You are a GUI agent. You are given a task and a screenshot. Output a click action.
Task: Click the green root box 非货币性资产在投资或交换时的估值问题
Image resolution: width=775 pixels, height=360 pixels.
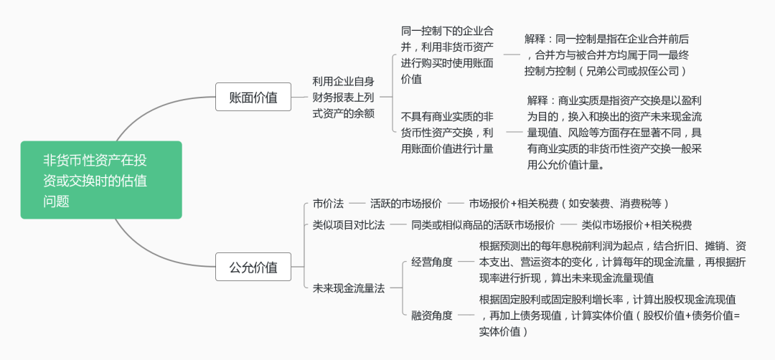point(100,180)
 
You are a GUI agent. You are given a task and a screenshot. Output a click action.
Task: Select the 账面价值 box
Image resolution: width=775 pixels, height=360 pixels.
point(253,97)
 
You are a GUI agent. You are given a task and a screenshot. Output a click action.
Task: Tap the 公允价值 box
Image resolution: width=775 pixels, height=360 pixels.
point(253,267)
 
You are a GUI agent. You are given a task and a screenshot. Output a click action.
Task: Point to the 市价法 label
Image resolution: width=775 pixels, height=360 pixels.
point(328,204)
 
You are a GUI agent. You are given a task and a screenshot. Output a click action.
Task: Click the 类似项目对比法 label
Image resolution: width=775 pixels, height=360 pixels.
point(348,225)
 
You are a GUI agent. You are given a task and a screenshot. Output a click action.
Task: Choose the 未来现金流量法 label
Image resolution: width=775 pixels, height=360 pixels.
point(348,288)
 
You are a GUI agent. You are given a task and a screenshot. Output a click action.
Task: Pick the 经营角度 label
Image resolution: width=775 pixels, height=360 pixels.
point(431,262)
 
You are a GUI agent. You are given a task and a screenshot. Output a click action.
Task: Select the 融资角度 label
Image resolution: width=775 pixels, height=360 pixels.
point(431,315)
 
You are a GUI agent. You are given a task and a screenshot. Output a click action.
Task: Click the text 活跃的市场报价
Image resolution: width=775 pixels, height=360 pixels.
point(405,204)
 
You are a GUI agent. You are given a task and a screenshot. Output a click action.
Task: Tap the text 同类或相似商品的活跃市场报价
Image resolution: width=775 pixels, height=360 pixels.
point(483,225)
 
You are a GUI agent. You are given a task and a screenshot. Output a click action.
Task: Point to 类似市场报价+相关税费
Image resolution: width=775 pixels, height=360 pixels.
point(637,225)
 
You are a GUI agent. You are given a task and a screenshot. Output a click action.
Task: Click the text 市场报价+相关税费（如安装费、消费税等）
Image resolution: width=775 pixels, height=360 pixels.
point(569,204)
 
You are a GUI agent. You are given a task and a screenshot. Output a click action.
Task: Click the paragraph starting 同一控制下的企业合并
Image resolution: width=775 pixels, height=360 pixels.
point(447,55)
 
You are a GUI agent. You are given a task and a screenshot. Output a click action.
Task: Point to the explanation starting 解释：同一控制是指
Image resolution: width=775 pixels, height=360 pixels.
point(606,55)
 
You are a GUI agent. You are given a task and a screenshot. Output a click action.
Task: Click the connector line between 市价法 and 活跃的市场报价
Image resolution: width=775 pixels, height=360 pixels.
point(357,204)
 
